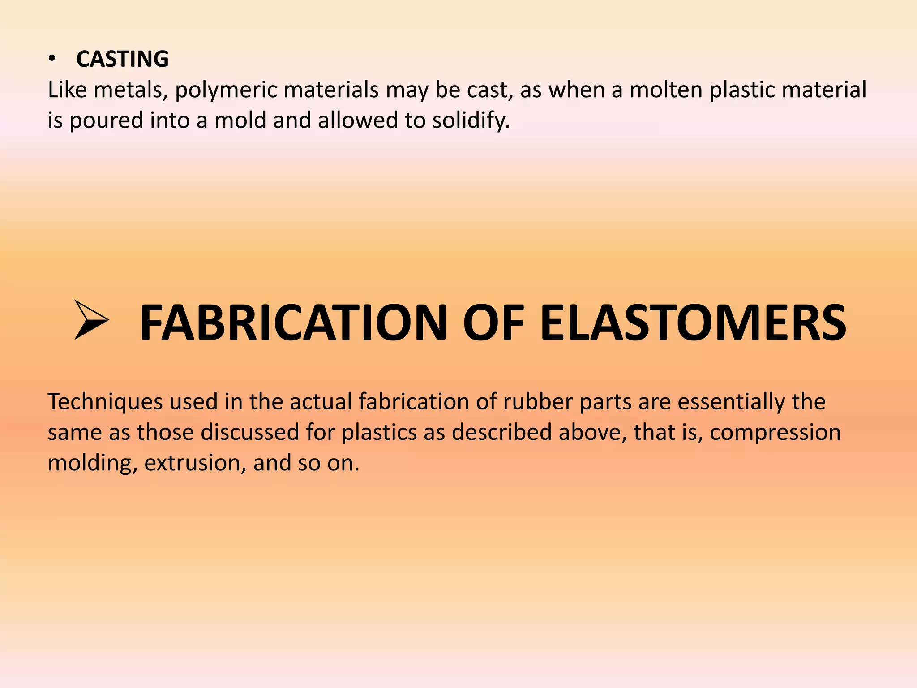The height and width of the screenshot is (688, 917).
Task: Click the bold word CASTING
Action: (x=122, y=59)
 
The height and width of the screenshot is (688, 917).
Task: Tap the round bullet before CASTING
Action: (x=52, y=59)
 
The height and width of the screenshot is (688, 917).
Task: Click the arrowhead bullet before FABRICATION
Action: (x=91, y=320)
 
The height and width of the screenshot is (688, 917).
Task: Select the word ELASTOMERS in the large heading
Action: (x=693, y=322)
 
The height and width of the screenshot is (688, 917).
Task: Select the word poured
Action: (x=106, y=121)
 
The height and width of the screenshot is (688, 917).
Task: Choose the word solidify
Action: (x=471, y=121)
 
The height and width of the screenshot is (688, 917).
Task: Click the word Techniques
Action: (x=105, y=402)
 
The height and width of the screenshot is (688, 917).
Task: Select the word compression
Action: (x=775, y=433)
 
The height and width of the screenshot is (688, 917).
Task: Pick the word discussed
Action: (x=249, y=432)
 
